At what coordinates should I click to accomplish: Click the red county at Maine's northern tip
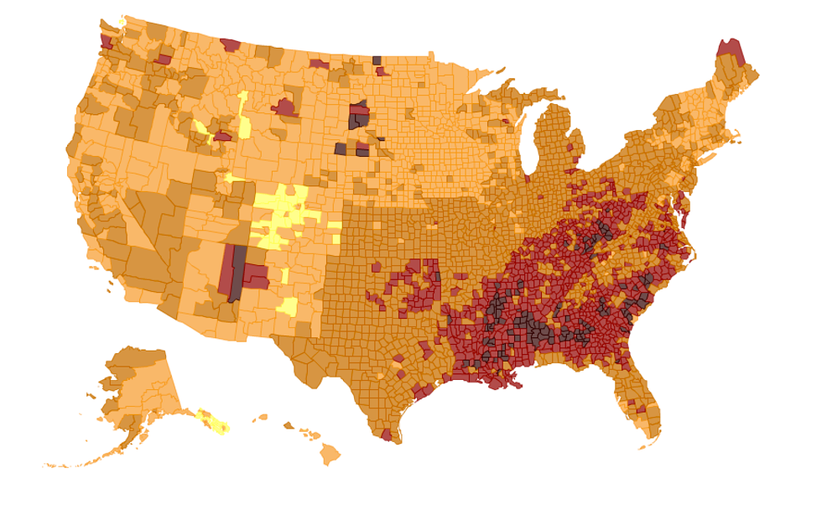tap(731, 52)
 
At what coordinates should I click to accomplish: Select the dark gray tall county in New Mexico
tap(238, 273)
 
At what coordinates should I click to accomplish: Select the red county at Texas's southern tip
tap(387, 435)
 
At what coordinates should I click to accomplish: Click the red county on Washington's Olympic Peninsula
tap(106, 42)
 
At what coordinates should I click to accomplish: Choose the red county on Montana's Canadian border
tap(231, 44)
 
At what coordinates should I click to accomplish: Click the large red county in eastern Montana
tap(285, 107)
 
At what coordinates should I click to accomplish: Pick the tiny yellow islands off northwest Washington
tap(122, 21)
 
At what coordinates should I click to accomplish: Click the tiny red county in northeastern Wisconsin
tap(505, 122)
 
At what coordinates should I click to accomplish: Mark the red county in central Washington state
tap(164, 60)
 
